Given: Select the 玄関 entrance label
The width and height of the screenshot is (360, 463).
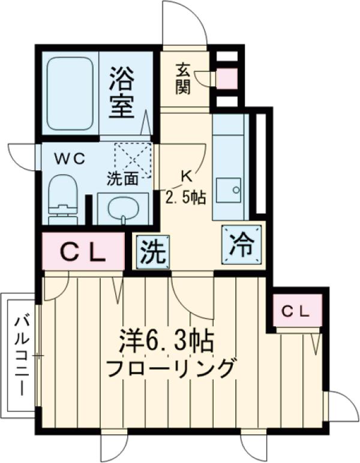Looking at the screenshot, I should [183, 79].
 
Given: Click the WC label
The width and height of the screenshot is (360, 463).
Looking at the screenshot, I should [70, 159].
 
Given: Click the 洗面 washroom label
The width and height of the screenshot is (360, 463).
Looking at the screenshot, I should [123, 178].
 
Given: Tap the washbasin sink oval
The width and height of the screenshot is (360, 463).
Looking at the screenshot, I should [122, 209].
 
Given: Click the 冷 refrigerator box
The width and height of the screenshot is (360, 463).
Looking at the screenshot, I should [242, 243].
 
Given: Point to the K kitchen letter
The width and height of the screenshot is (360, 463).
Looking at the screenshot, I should [187, 176].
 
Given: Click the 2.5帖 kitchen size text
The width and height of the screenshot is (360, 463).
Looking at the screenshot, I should [187, 197].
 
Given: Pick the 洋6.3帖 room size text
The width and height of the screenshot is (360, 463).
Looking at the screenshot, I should [166, 344].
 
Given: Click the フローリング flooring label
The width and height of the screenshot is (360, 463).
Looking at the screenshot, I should [169, 367].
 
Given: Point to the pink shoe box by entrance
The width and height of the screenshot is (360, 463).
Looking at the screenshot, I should [226, 79].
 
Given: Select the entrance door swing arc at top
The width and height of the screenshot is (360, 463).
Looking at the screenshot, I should [183, 24].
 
